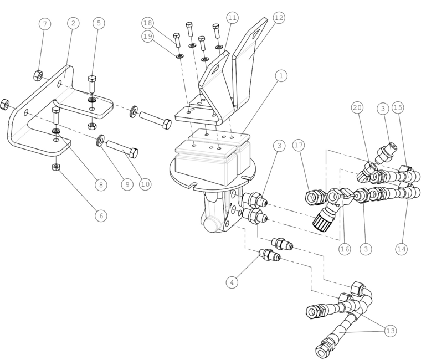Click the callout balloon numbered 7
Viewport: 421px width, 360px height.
coord(45,24)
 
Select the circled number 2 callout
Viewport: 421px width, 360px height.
coord(73,23)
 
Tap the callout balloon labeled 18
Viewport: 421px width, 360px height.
coord(148,23)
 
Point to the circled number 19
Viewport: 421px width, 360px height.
coord(148,36)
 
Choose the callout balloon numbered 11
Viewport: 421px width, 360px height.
coord(233,18)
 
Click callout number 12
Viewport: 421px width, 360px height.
coord(279,18)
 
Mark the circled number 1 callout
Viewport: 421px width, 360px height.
coord(281,76)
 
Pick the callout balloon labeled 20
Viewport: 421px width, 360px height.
coord(357,107)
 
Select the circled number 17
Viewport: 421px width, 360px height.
coord(299,145)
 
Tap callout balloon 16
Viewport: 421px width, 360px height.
coord(345,249)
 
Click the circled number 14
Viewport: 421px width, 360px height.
coord(402,249)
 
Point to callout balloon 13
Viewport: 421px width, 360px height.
coord(391,331)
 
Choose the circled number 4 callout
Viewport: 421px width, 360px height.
coord(232,282)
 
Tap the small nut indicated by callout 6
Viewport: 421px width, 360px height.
coord(56,167)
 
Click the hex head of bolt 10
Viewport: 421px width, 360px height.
coord(134,152)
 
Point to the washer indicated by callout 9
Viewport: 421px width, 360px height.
coord(100,140)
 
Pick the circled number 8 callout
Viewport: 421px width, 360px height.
coord(101,184)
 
